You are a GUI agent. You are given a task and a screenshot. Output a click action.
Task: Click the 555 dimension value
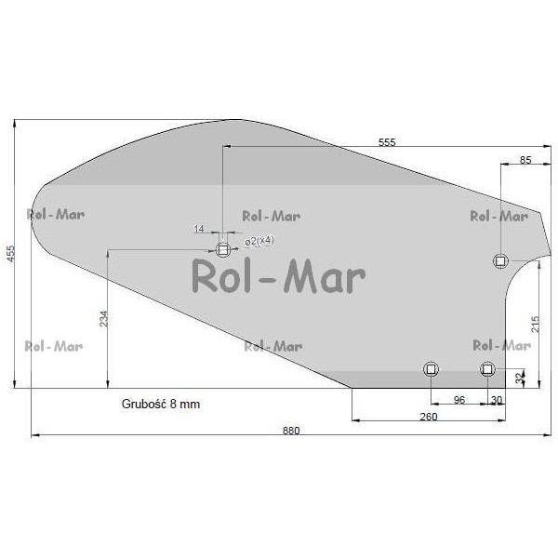pyautogui.click(x=387, y=142)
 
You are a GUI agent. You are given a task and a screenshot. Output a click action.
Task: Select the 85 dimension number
pyautogui.click(x=525, y=160)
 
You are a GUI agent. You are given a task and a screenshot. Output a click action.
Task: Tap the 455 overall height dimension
pyautogui.click(x=10, y=253)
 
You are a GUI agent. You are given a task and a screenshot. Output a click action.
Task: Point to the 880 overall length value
pyautogui.click(x=291, y=431)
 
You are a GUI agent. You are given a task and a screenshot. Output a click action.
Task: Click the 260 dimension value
pyautogui.click(x=429, y=417)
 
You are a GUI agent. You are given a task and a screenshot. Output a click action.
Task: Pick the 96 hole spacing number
pyautogui.click(x=459, y=400)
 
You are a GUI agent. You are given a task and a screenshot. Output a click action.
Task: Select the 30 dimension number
pyautogui.click(x=497, y=400)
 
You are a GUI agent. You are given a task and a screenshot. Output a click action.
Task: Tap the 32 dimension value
pyautogui.click(x=520, y=378)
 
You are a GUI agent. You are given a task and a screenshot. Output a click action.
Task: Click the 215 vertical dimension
pyautogui.click(x=535, y=325)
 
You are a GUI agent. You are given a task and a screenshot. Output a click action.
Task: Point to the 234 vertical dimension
pyautogui.click(x=103, y=319)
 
